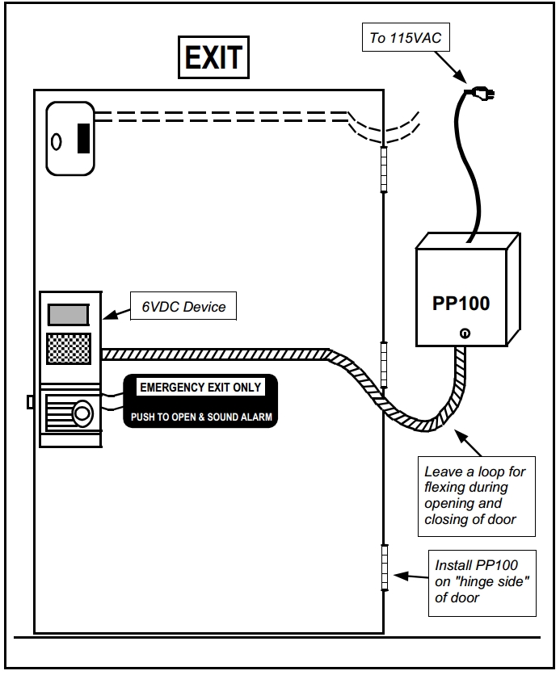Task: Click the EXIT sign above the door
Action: [x=213, y=57]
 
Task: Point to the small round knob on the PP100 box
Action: [x=465, y=333]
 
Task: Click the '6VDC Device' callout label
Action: [x=183, y=307]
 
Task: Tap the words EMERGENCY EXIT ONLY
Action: [x=200, y=388]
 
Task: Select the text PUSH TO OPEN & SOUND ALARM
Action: [x=201, y=417]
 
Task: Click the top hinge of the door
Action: [x=385, y=170]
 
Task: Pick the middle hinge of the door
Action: [x=385, y=355]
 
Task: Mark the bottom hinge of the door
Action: [x=385, y=567]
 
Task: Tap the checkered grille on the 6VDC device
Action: [x=69, y=349]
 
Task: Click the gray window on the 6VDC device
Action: [x=69, y=313]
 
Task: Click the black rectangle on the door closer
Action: [x=83, y=138]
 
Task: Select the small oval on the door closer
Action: [x=57, y=141]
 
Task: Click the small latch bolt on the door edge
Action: [x=30, y=401]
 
